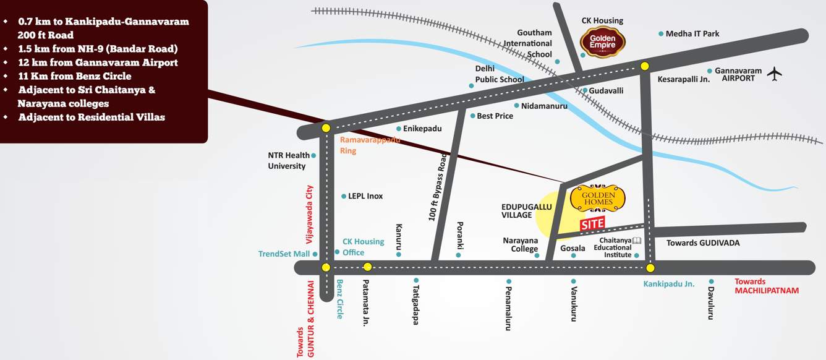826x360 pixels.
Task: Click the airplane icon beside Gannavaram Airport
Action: [774, 74]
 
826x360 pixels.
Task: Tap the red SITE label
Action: [592, 224]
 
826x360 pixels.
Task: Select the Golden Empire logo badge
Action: [603, 42]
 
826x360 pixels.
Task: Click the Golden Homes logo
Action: [598, 198]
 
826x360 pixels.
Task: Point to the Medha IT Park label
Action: [692, 33]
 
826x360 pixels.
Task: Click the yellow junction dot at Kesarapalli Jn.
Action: [645, 66]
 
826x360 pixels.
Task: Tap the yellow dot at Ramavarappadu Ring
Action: [326, 128]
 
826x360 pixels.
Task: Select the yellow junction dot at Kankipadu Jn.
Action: [650, 268]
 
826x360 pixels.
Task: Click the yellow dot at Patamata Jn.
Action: [367, 267]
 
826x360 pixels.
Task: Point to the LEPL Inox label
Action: [366, 196]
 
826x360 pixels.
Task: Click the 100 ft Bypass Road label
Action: [438, 187]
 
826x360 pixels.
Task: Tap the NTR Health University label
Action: [289, 161]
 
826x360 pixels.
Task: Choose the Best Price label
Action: [495, 116]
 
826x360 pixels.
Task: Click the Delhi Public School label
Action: [500, 74]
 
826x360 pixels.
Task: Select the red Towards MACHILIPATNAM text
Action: [766, 286]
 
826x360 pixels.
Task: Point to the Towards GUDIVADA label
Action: [702, 243]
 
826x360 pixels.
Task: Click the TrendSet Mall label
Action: [284, 254]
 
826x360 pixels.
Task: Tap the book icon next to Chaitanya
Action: [637, 240]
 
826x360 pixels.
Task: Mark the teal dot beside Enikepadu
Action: [399, 129]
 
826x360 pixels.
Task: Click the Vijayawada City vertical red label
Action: [310, 214]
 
